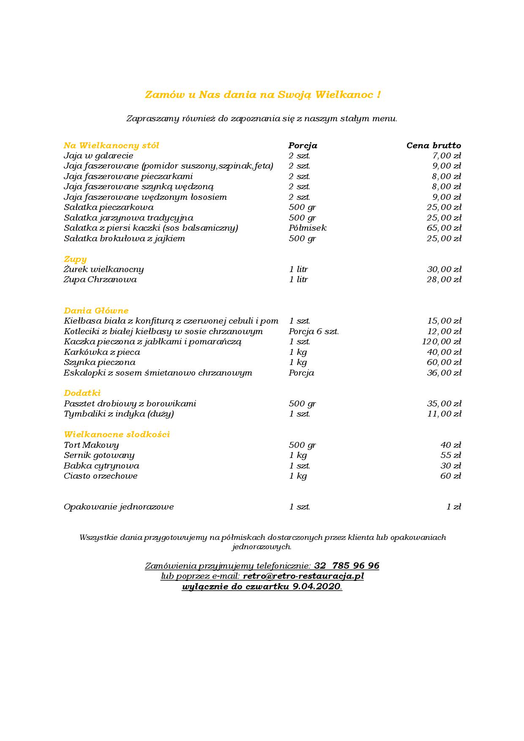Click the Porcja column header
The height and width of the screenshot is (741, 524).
(x=303, y=146)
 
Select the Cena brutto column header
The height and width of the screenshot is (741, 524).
(x=434, y=146)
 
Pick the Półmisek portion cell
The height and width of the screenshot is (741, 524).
(x=307, y=228)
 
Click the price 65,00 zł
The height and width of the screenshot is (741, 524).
(x=444, y=228)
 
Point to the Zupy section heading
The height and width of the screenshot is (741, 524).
(x=75, y=259)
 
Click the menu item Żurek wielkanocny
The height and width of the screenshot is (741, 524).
(x=104, y=270)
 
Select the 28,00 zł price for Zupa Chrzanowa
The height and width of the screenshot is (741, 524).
(x=444, y=280)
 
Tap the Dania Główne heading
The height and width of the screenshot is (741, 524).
(x=96, y=311)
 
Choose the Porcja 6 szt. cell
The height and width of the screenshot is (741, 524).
(x=314, y=332)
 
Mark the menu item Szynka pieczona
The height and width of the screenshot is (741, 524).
(x=99, y=362)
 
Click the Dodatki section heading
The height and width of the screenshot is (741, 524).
(x=82, y=393)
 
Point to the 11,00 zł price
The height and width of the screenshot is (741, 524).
(x=444, y=414)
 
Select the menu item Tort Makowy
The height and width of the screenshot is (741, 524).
(x=91, y=445)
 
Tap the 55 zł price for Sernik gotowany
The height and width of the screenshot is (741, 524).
(x=450, y=455)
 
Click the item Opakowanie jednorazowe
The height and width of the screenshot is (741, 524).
(x=119, y=507)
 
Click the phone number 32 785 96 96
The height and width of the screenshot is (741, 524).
(x=347, y=566)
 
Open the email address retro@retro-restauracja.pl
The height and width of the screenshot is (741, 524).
(x=303, y=576)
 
